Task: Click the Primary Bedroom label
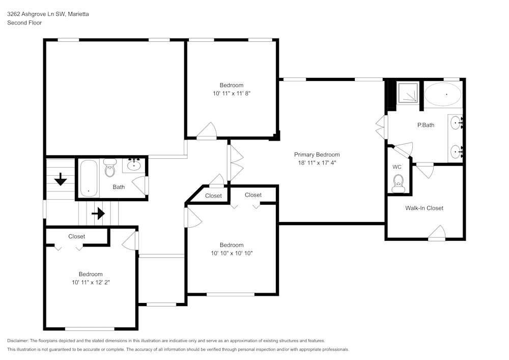pyautogui.click(x=317, y=155)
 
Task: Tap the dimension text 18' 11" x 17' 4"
pyautogui.click(x=317, y=163)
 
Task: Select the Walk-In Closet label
pyautogui.click(x=424, y=208)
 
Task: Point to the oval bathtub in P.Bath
pyautogui.click(x=443, y=94)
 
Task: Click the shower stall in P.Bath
pyautogui.click(x=408, y=93)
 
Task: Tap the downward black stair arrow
pyautogui.click(x=61, y=179)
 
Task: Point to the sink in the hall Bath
pyautogui.click(x=134, y=164)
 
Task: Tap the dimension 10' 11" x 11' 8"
pyautogui.click(x=232, y=94)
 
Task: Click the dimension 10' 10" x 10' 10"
pyautogui.click(x=232, y=253)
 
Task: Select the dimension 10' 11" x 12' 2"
pyautogui.click(x=91, y=282)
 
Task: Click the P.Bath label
pyautogui.click(x=426, y=125)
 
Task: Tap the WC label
pyautogui.click(x=397, y=167)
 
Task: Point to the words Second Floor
pyautogui.click(x=24, y=23)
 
